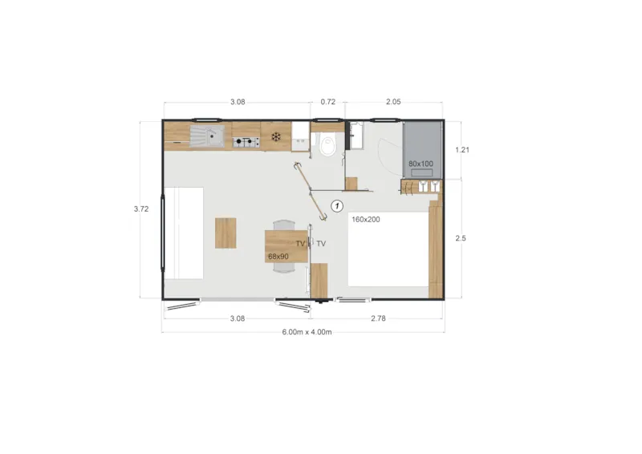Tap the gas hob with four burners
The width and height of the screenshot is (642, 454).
(247, 143)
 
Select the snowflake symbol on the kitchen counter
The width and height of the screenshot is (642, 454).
(276, 136)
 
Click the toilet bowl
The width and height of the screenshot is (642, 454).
(327, 147)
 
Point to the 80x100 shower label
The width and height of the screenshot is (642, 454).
(421, 164)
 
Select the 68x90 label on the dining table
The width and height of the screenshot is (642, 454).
(278, 257)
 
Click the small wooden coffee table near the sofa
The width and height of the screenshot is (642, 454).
(226, 233)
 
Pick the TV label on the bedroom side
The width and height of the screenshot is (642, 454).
(321, 244)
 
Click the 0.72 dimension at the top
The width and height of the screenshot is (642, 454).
(327, 102)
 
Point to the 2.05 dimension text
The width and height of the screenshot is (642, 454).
(393, 102)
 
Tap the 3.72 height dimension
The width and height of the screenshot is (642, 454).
(141, 209)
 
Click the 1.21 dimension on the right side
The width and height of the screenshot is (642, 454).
(461, 149)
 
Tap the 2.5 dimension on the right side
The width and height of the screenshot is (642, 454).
(460, 238)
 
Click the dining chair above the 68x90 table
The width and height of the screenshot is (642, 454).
(283, 225)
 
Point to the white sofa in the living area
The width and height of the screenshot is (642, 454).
(183, 231)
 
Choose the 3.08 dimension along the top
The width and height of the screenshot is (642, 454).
(237, 102)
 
